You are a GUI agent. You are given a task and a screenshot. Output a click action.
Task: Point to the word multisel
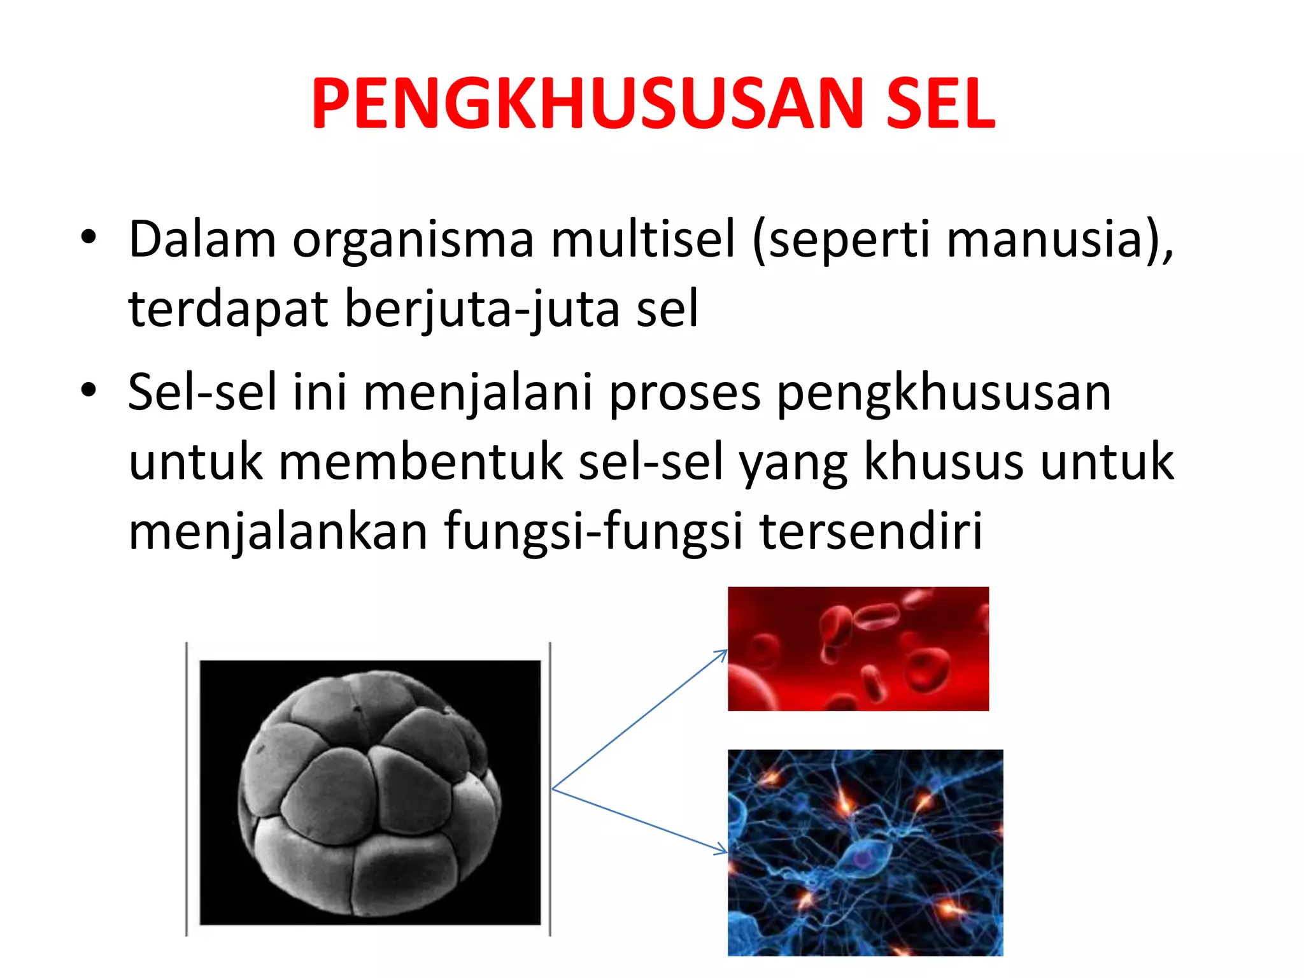[x=642, y=239]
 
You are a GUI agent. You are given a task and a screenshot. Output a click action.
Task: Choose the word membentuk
[x=421, y=462]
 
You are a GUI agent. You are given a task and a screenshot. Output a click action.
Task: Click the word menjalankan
[x=278, y=531]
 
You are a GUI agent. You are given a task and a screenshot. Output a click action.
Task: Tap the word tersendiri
[x=871, y=531]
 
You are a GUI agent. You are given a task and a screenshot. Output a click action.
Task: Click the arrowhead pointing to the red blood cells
[x=722, y=653]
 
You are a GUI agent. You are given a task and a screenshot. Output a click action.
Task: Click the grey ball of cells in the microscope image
[x=369, y=793]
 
